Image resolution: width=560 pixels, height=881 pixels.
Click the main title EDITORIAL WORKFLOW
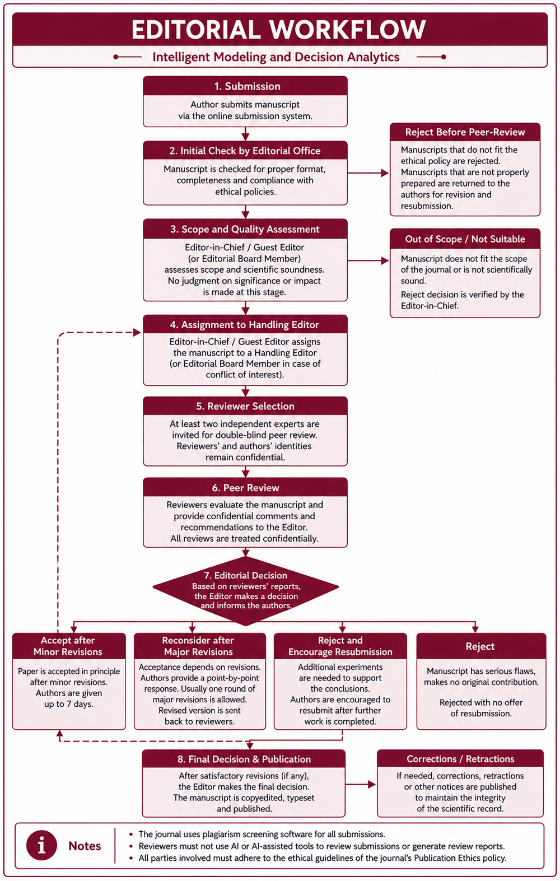(279, 30)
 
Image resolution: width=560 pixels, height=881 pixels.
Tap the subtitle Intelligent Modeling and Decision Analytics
(276, 57)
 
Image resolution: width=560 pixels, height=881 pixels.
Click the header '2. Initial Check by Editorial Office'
(245, 151)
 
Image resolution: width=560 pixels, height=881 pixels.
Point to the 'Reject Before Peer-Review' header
(465, 132)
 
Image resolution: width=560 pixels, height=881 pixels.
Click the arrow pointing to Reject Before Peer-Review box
(368, 173)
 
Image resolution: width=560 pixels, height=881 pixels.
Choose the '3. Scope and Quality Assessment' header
(245, 229)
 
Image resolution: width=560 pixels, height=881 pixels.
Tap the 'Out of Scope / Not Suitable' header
(465, 239)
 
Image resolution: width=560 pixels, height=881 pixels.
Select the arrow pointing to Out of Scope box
(368, 260)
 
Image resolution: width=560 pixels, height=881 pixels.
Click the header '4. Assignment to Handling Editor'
(245, 324)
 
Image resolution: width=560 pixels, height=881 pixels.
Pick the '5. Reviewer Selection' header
(245, 406)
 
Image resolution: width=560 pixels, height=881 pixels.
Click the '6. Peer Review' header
(245, 487)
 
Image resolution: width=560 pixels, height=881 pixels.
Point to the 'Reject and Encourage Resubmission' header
(340, 646)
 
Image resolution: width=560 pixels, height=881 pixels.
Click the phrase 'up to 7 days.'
(69, 703)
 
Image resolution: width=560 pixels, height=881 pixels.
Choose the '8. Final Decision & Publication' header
(244, 759)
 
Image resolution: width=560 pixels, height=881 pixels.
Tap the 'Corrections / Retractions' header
(460, 759)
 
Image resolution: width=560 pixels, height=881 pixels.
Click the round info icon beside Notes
(41, 845)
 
